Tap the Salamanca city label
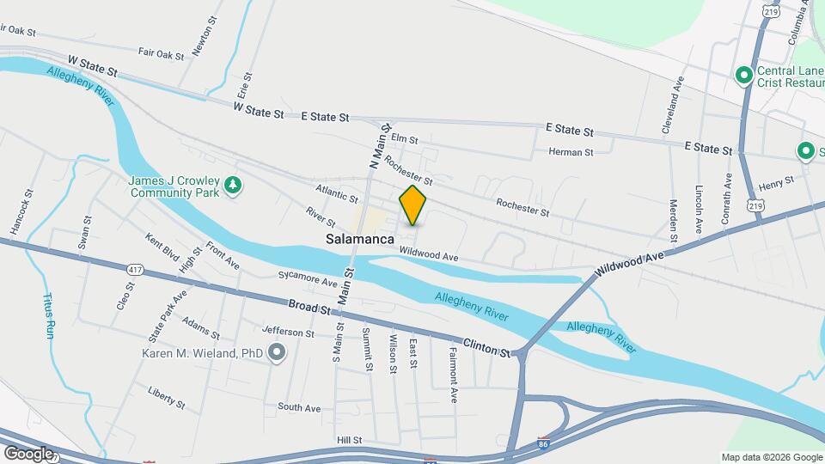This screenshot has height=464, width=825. point(360,240)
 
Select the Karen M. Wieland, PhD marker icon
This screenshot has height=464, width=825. point(277,352)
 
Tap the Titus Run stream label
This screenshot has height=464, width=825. point(47,315)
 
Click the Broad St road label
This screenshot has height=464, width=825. point(309,308)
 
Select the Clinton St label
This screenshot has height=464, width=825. point(486,345)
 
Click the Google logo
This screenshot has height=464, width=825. point(28,453)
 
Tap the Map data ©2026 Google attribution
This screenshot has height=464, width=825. point(771,456)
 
